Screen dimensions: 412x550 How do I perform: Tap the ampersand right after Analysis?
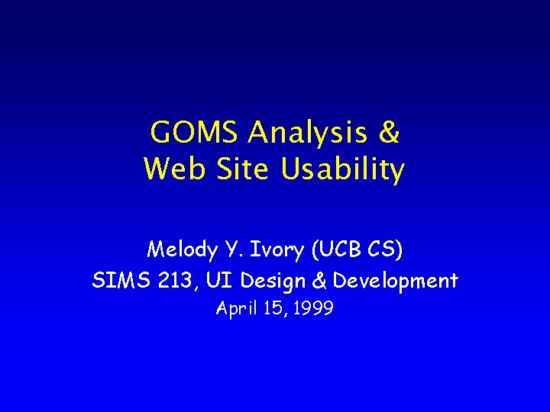(388, 134)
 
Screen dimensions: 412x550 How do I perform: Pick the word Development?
(396, 282)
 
